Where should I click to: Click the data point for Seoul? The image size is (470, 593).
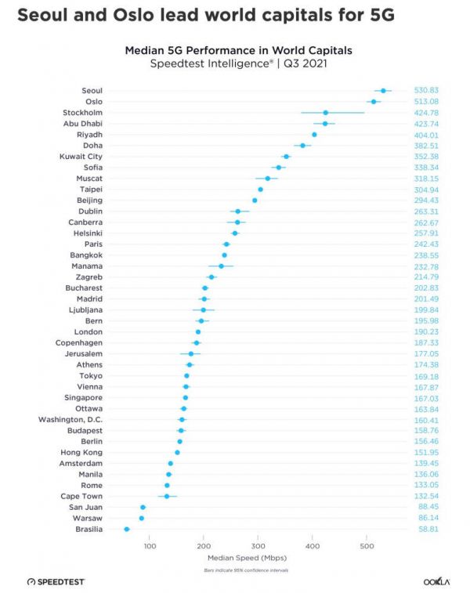tap(383, 91)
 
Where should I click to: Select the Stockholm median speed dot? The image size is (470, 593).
tap(326, 113)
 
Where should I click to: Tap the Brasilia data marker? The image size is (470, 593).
tap(127, 530)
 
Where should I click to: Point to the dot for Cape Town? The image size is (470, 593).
tap(167, 497)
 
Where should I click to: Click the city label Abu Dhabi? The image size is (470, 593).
tap(83, 124)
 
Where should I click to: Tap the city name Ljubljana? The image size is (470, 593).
tap(85, 310)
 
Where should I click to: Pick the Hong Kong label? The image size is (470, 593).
tap(81, 453)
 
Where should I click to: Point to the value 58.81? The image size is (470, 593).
tap(427, 530)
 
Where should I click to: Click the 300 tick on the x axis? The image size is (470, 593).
tap(258, 545)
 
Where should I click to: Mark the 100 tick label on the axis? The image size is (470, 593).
tap(150, 545)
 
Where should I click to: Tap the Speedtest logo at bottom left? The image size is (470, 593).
tap(56, 582)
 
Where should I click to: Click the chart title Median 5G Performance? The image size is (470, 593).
tap(239, 50)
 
